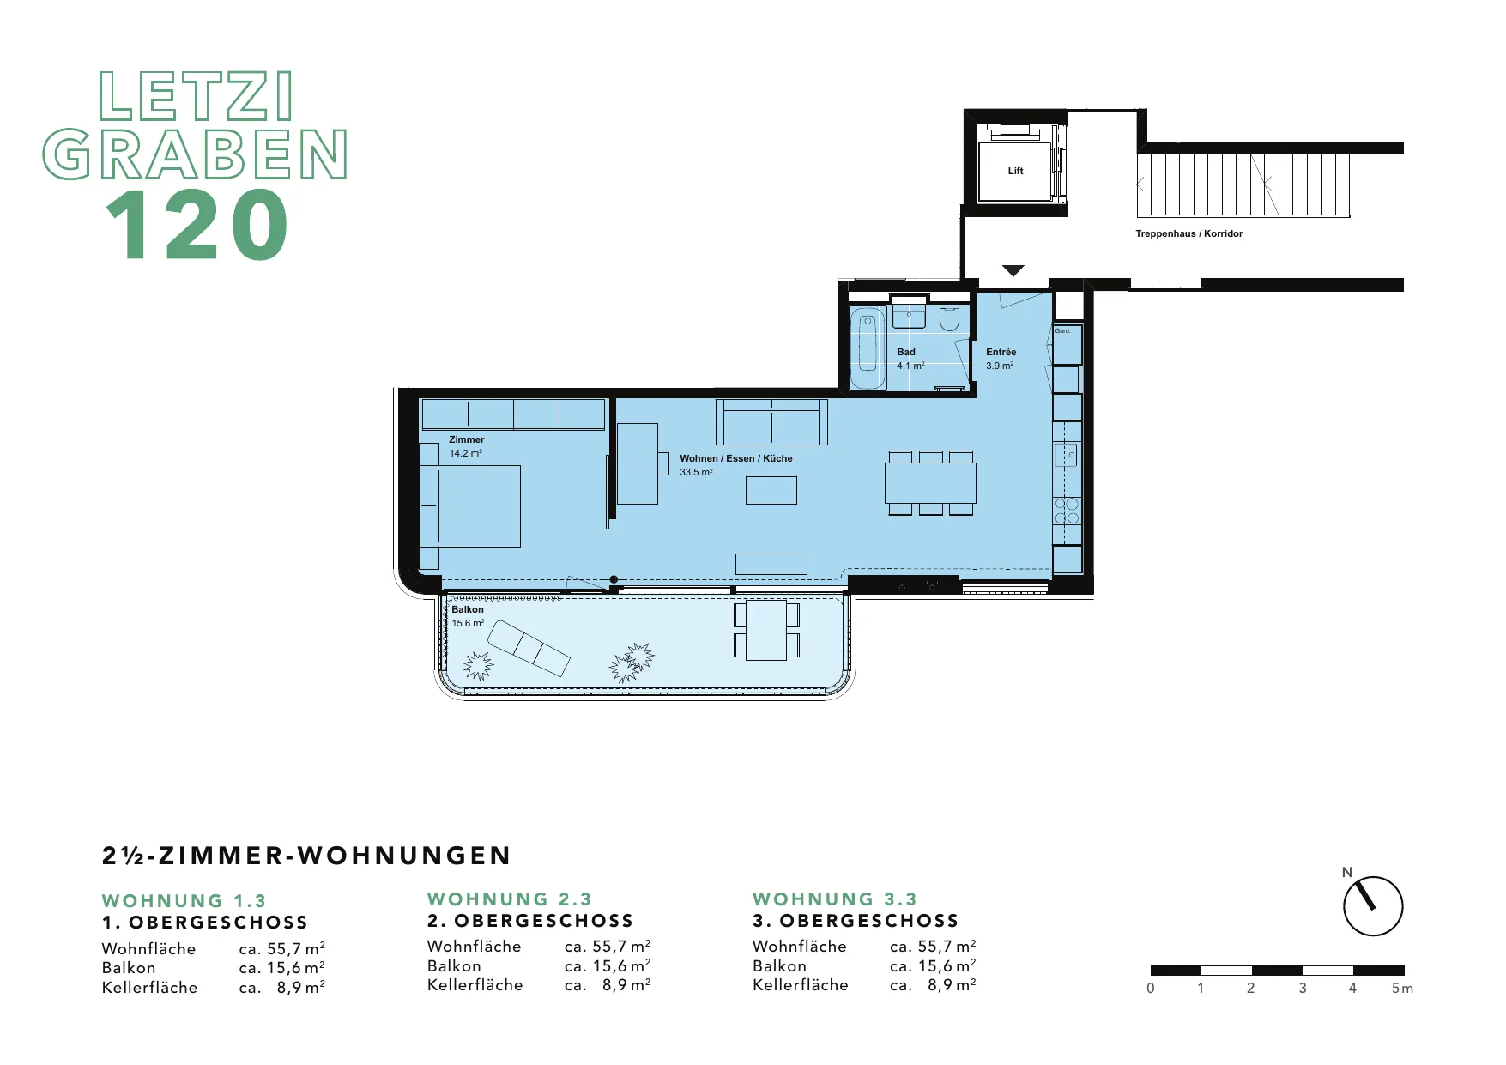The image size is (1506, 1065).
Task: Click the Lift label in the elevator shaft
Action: click(x=1015, y=171)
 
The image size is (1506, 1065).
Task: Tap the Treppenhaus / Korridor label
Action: click(x=1188, y=233)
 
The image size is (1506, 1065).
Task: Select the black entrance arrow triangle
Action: click(x=1013, y=271)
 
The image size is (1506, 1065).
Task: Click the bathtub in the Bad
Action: click(x=868, y=348)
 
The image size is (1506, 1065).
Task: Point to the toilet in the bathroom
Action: click(x=948, y=318)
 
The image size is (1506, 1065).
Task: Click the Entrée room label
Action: click(x=1001, y=352)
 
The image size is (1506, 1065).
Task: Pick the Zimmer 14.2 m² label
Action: click(x=466, y=446)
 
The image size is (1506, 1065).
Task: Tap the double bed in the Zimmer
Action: click(x=470, y=506)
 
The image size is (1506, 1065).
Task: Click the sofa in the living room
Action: click(x=771, y=422)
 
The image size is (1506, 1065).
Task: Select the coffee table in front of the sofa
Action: click(x=771, y=490)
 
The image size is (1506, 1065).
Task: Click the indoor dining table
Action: click(x=930, y=483)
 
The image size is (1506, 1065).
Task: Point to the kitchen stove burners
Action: click(x=1067, y=511)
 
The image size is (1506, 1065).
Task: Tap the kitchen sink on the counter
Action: click(x=1067, y=455)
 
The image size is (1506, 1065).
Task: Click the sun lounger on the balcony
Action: click(x=529, y=648)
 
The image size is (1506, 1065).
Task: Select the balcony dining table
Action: click(x=766, y=630)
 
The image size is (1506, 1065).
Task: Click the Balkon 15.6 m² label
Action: click(x=468, y=616)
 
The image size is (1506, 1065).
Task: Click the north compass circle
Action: click(x=1373, y=906)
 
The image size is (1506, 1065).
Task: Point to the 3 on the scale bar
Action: click(x=1303, y=989)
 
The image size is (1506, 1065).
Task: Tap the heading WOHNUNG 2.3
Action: click(x=510, y=899)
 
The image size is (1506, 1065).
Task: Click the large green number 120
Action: click(x=197, y=225)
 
